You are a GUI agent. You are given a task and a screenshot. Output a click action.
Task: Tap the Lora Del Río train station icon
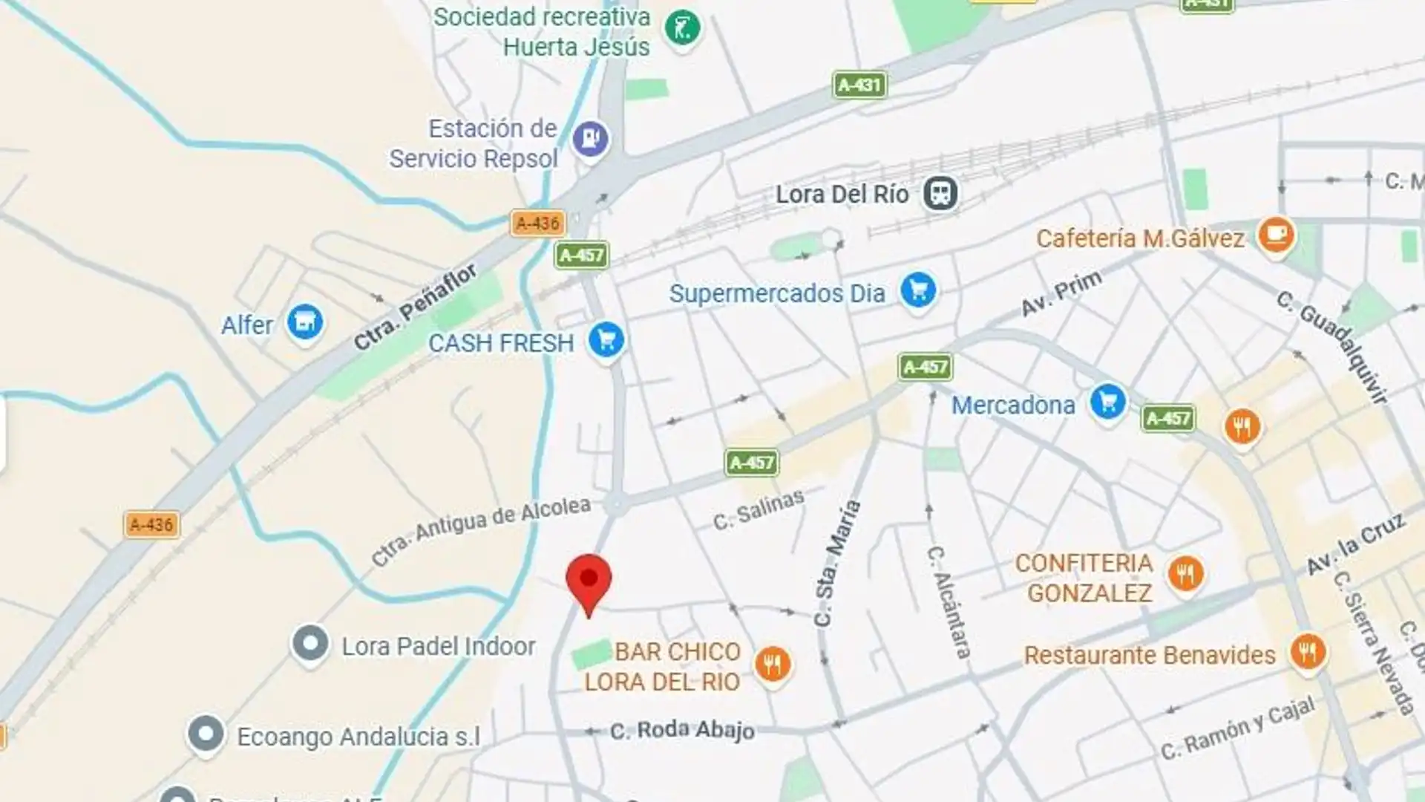(x=940, y=194)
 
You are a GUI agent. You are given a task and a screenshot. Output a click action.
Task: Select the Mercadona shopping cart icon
(x=1108, y=402)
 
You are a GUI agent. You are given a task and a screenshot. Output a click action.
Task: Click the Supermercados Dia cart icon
(x=918, y=290)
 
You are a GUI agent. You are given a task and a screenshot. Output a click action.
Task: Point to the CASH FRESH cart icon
(x=606, y=340)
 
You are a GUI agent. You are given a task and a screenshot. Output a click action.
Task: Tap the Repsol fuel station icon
(x=591, y=138)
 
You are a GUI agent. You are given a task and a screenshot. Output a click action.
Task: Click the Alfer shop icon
(x=304, y=322)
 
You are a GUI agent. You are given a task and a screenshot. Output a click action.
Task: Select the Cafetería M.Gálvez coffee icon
(x=1276, y=235)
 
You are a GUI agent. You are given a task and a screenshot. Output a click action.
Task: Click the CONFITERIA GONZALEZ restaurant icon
(x=1185, y=573)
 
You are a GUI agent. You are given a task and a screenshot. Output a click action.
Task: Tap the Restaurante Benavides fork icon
(x=1307, y=651)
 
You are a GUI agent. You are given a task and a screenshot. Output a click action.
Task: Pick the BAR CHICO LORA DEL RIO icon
(x=773, y=663)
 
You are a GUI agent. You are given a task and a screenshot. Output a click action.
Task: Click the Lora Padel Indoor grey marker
(x=310, y=644)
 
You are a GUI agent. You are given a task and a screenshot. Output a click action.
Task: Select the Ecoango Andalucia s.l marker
(x=206, y=734)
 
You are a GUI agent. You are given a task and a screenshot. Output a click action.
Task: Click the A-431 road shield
(x=859, y=85)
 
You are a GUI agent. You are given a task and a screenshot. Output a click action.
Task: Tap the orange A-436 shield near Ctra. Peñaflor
(x=538, y=223)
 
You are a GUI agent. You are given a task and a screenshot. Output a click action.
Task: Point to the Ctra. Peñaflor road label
(x=416, y=307)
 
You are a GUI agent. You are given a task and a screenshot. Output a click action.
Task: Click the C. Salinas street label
(x=758, y=509)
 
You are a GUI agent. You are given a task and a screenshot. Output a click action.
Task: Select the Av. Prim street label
(x=1061, y=293)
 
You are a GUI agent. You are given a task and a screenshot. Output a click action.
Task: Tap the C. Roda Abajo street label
(x=682, y=731)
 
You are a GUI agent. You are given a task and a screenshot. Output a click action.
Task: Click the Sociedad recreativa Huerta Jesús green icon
(x=682, y=29)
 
